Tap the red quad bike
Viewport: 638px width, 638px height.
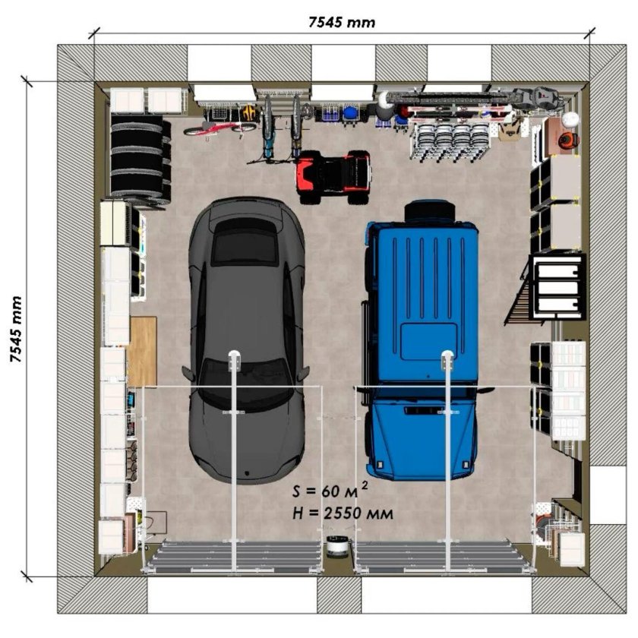point(334,177)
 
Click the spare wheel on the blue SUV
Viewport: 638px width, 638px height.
point(430,211)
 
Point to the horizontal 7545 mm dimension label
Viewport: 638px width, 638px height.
point(342,22)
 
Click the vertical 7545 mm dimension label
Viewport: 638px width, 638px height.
point(16,329)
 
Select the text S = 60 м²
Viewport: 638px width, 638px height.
point(330,490)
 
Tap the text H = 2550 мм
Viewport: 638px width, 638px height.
point(343,513)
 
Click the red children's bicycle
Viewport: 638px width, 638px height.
point(220,128)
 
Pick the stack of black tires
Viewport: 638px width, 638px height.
point(141,160)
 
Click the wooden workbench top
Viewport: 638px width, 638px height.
point(142,351)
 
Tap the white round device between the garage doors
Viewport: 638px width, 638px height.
point(337,545)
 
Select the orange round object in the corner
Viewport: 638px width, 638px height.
point(568,141)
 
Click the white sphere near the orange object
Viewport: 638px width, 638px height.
point(570,118)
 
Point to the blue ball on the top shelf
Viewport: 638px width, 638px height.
point(349,112)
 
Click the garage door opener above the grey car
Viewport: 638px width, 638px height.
point(235,361)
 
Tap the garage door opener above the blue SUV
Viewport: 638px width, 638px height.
point(447,361)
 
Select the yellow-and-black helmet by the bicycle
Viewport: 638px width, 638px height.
point(249,112)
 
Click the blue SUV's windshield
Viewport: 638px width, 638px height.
point(425,393)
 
